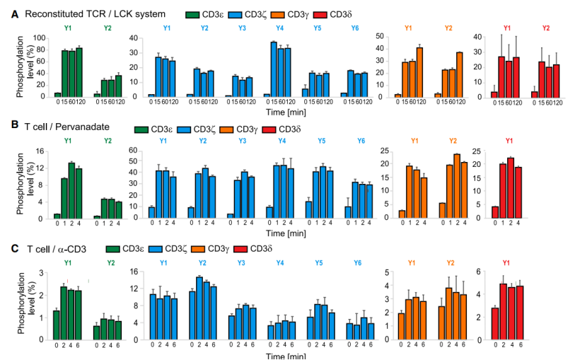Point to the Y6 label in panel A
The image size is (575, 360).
click(x=354, y=28)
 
